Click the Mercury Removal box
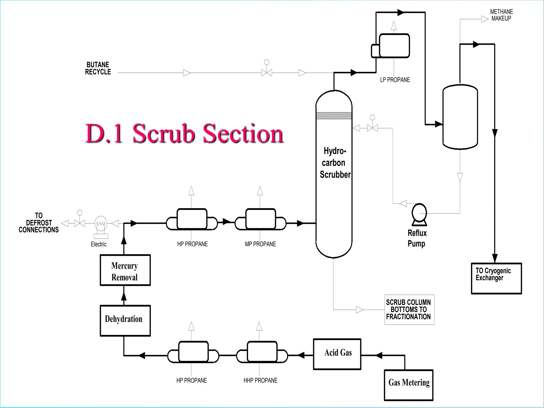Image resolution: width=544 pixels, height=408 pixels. pos(125,270)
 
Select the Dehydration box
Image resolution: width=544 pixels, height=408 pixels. pos(125,320)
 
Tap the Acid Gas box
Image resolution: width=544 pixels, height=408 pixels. pos(337,354)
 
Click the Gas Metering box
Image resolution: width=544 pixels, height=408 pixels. pos(409,385)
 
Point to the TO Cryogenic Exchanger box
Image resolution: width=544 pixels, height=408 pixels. pos(496,278)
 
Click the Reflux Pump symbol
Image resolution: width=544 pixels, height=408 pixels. pos(419,214)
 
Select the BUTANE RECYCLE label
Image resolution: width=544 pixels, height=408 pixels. pos(98,68)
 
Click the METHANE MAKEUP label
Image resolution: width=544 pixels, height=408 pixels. pos(501,15)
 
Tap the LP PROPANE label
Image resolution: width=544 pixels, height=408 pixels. pos(395,80)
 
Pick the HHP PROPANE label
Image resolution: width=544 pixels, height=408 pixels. pos(260,380)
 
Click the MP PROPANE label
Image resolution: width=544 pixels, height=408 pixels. pos(260,244)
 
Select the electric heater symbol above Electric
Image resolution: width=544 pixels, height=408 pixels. pos(101,224)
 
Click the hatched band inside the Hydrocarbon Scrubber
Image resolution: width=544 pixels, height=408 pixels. pos(334,116)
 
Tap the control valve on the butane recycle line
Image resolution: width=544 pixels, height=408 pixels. pos(267,73)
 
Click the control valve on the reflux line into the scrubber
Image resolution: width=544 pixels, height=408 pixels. pos(372,128)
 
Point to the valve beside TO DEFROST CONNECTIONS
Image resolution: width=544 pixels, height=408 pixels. pos(80,223)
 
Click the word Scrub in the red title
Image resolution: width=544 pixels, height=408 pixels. pos(163,133)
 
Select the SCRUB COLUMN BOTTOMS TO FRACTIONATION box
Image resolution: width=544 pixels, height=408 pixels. pos(409,309)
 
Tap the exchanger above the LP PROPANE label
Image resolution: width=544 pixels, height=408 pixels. pos(394,46)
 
